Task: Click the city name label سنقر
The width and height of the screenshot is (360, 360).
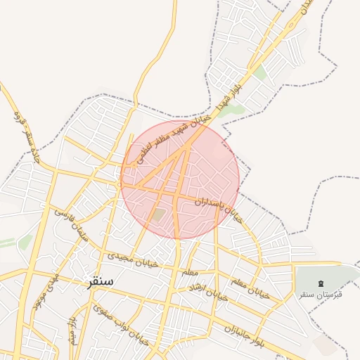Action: tap(99, 281)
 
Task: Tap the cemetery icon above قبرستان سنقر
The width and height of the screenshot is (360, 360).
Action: tap(321, 283)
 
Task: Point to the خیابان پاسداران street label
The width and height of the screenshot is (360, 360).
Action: tap(219, 210)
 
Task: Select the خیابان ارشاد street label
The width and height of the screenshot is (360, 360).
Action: tap(209, 295)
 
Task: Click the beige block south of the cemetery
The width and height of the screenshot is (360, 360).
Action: tap(326, 344)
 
